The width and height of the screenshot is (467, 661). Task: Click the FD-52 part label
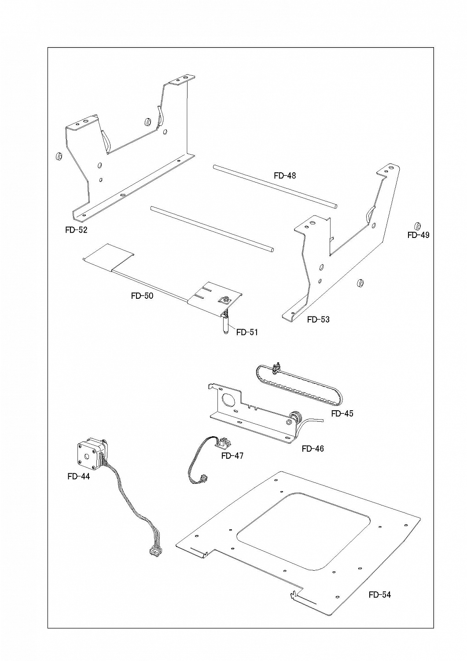[x=76, y=230]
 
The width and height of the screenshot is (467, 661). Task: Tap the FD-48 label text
[x=285, y=175]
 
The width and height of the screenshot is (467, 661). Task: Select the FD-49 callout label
[x=418, y=235]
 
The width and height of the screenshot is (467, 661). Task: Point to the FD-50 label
[x=142, y=296]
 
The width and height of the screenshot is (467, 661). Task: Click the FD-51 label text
[x=247, y=332]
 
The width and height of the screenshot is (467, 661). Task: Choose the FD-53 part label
[x=318, y=319]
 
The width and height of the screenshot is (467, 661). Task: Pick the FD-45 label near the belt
[x=342, y=413]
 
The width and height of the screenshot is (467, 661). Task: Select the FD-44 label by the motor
[x=78, y=476]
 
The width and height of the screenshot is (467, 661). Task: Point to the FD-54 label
[x=380, y=594]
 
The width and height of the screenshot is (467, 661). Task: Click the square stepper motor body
[x=88, y=455]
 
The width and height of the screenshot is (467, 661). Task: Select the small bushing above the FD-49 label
[x=417, y=226]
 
